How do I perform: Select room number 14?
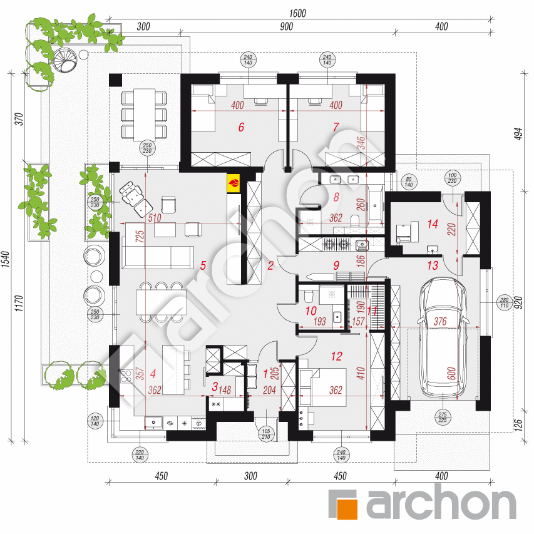pos(431,223)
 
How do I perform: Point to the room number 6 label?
pos(241,127)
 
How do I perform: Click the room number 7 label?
pos(336,127)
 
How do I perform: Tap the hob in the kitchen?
pos(125,376)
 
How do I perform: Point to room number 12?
pos(337,356)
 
